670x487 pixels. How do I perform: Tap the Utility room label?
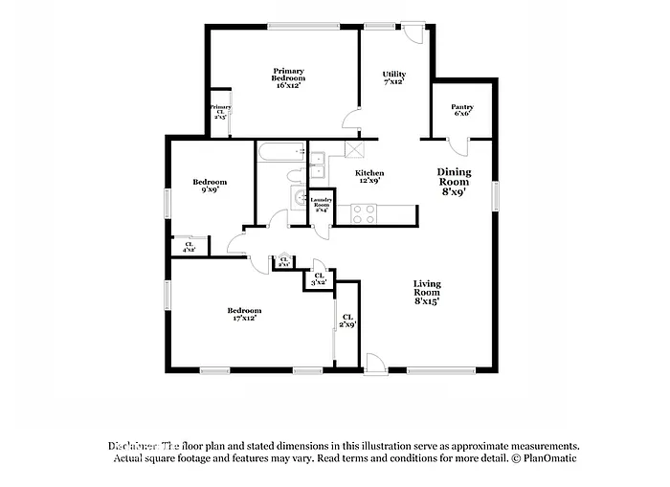point(392,77)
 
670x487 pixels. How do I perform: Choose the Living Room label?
point(427,292)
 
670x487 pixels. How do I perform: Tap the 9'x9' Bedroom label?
point(209,186)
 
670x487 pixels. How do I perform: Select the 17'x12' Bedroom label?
point(243,314)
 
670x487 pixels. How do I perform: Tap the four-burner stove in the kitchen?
point(363,213)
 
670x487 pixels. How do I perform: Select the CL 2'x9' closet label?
point(347,321)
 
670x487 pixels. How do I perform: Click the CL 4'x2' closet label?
point(189,247)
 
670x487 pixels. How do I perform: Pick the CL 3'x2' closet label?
point(320,279)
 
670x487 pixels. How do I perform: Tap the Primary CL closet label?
point(219,112)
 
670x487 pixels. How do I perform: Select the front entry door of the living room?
point(375,363)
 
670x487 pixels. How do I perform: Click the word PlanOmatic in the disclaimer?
point(547,458)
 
